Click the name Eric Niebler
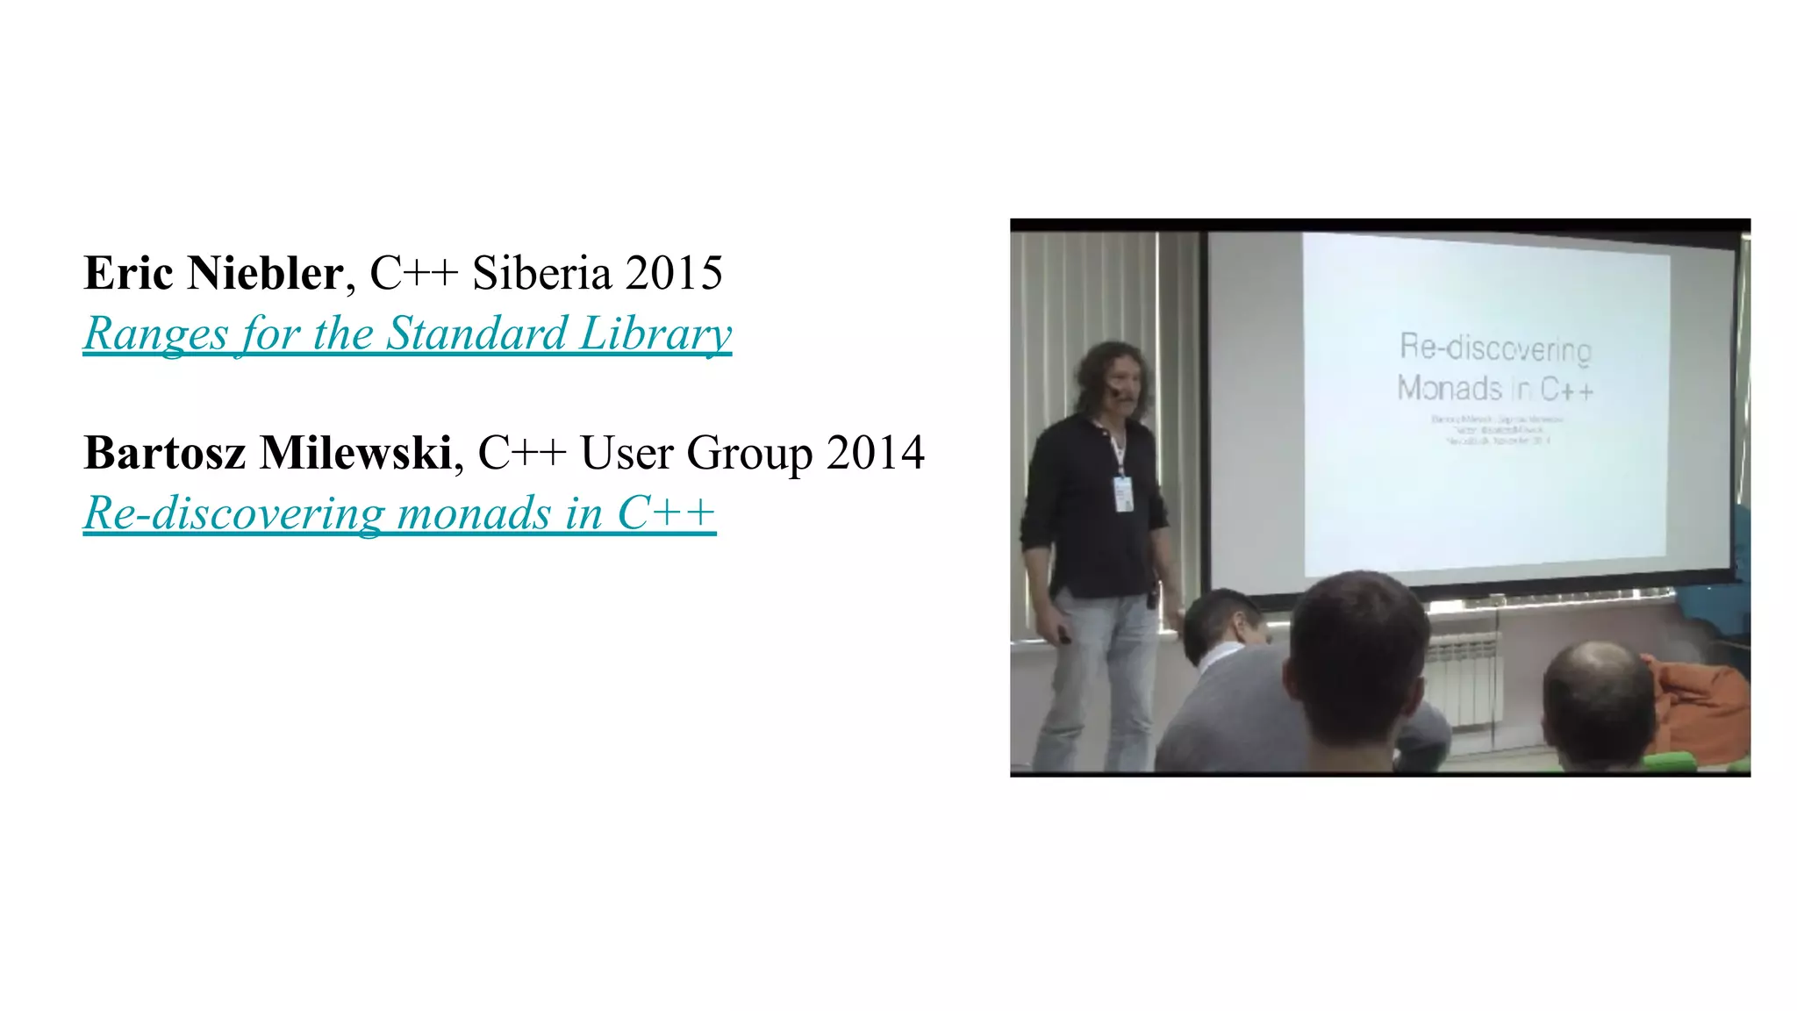pyautogui.click(x=213, y=273)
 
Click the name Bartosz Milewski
pyautogui.click(x=268, y=453)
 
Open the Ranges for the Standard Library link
pyautogui.click(x=407, y=333)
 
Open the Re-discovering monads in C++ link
pyautogui.click(x=399, y=513)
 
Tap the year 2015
pyautogui.click(x=673, y=273)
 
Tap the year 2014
pyautogui.click(x=875, y=453)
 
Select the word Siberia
pyautogui.click(x=541, y=273)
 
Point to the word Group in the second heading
pyautogui.click(x=749, y=455)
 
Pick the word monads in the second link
pyautogui.click(x=474, y=513)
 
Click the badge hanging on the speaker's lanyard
pyautogui.click(x=1123, y=493)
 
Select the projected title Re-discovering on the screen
pyautogui.click(x=1495, y=348)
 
